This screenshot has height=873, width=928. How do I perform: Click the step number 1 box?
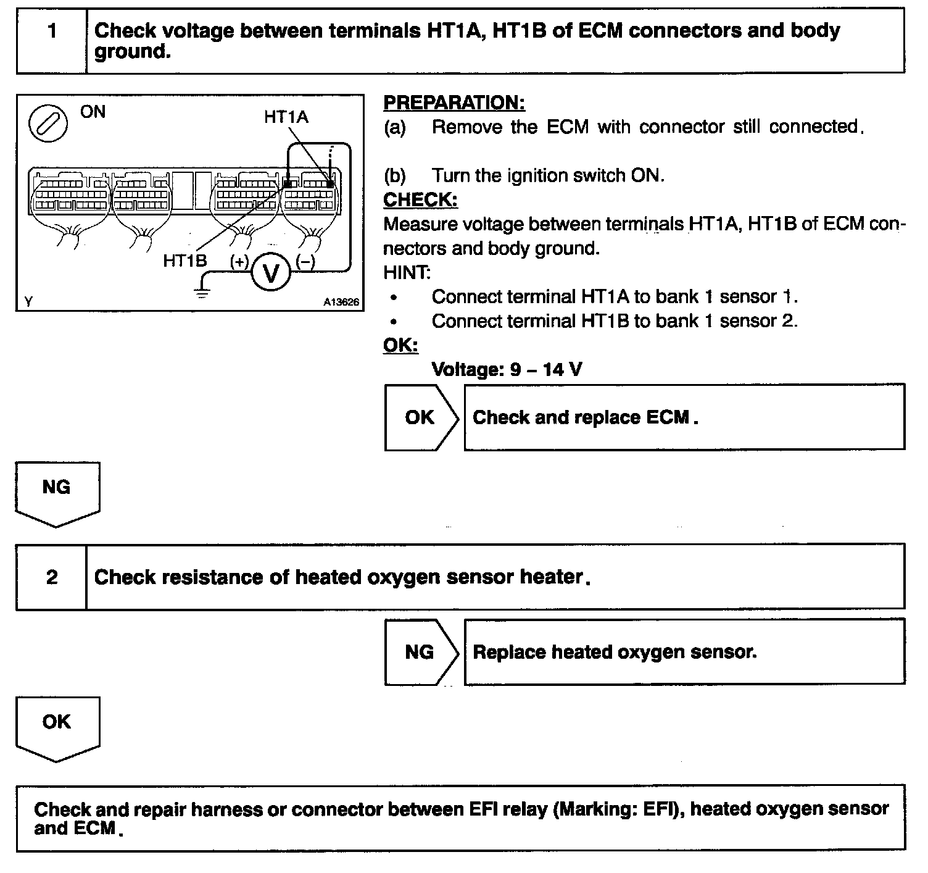(52, 41)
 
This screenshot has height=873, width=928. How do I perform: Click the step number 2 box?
(52, 577)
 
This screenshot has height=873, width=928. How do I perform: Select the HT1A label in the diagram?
(286, 117)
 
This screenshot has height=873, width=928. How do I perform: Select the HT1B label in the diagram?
(184, 261)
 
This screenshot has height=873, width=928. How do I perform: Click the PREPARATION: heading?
(454, 102)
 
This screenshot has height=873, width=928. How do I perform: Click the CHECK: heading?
(420, 199)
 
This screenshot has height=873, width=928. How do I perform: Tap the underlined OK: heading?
(400, 345)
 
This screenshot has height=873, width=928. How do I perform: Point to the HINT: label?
(407, 272)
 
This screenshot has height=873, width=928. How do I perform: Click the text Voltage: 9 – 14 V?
(506, 369)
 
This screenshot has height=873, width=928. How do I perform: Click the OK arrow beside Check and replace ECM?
(421, 417)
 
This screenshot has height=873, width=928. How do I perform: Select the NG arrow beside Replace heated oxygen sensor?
(421, 652)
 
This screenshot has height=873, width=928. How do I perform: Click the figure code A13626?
(341, 303)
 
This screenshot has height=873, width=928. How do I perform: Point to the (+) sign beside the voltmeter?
(239, 261)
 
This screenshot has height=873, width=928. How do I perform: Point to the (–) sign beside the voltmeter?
(305, 261)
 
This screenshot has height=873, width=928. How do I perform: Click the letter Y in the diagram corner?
(28, 301)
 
